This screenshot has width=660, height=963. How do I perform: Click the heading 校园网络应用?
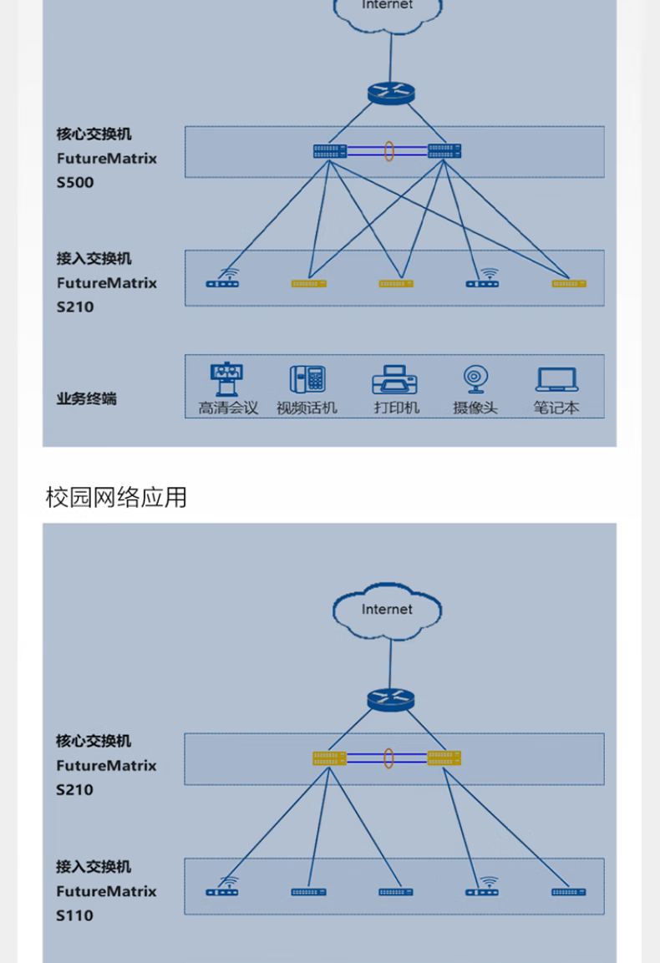tap(116, 498)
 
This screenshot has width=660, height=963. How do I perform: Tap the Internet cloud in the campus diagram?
tap(387, 611)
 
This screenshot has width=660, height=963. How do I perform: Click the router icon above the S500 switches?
tap(390, 93)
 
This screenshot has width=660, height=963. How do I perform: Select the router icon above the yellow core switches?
tap(390, 700)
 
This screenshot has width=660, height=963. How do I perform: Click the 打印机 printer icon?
tap(395, 380)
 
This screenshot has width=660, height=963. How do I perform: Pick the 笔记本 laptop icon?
tap(556, 380)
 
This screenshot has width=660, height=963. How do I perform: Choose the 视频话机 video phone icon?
tap(307, 380)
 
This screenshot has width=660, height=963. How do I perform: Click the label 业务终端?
tap(86, 398)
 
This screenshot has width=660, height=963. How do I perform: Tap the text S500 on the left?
tap(75, 182)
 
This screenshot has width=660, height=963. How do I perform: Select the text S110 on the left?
tap(75, 915)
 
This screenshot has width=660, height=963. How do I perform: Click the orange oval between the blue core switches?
tap(388, 151)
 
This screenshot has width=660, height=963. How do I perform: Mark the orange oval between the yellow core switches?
tap(388, 758)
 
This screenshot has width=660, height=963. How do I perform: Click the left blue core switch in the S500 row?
tap(330, 151)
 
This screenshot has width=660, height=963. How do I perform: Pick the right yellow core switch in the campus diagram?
tap(444, 758)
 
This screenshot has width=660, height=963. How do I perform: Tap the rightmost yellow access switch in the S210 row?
tap(569, 284)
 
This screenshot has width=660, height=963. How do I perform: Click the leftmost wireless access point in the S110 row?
tap(222, 889)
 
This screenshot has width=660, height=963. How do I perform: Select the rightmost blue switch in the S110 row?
tap(569, 892)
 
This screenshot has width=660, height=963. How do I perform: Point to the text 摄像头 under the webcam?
tap(475, 408)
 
